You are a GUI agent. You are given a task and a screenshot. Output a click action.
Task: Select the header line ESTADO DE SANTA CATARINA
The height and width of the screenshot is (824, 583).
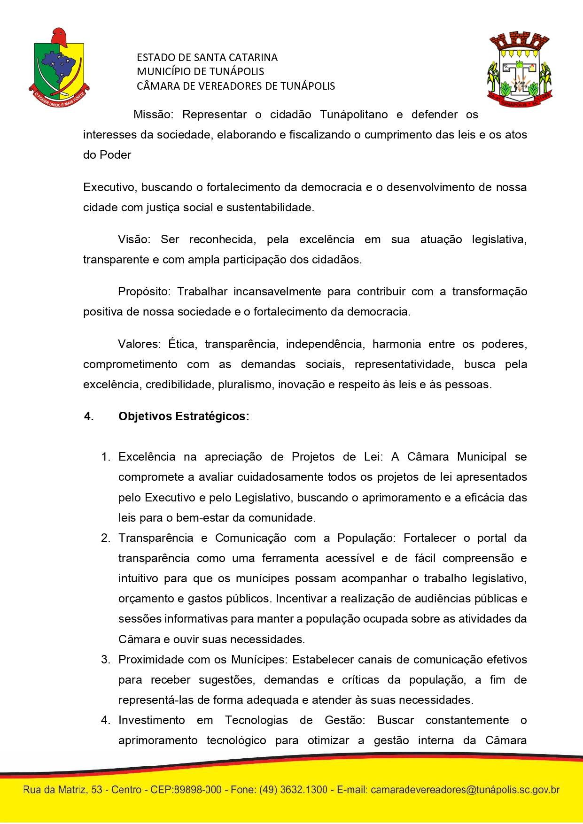(207, 57)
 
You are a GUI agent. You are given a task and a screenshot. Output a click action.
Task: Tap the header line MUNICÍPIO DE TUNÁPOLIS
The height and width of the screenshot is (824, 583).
(201, 71)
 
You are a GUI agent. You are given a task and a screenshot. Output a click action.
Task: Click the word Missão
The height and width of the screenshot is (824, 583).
(153, 115)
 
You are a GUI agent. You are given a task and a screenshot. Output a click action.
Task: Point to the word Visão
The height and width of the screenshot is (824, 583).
(134, 239)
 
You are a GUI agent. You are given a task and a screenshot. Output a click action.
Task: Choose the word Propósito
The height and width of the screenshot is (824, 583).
(144, 292)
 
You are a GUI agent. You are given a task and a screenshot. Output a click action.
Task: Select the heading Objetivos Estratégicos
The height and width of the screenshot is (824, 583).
(184, 416)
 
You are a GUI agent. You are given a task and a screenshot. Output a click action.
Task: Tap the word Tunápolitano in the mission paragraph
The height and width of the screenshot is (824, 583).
(354, 115)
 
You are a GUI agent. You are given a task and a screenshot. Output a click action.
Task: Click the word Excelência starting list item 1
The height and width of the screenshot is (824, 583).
(147, 457)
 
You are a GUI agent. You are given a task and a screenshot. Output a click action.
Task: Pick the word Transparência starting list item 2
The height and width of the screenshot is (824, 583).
(155, 538)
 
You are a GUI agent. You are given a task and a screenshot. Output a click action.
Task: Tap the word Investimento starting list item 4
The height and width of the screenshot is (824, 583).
(151, 720)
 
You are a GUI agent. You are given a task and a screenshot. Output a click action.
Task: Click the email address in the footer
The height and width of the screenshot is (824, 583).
(465, 790)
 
